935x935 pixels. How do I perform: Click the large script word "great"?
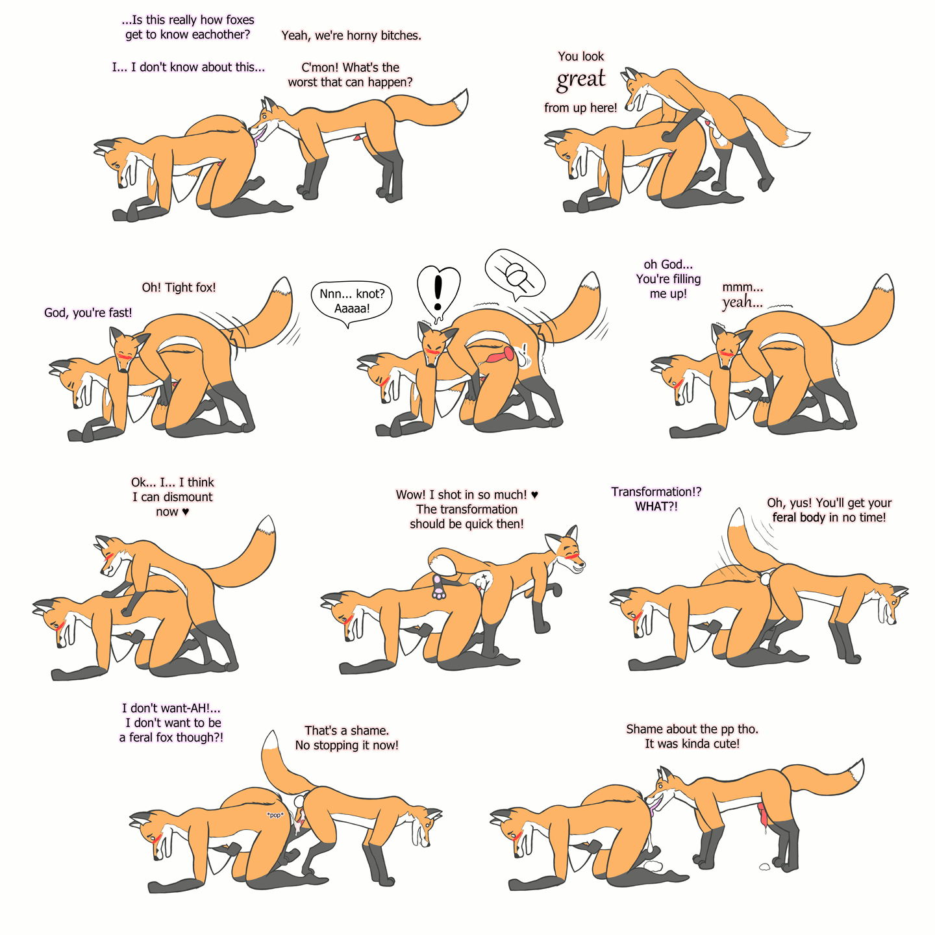pyautogui.click(x=580, y=80)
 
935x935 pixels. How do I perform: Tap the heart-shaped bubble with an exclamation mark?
pyautogui.click(x=438, y=293)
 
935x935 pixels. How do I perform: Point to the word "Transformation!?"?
pyautogui.click(x=656, y=492)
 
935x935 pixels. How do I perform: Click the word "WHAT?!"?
pyautogui.click(x=656, y=506)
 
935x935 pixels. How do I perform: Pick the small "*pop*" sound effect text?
pyautogui.click(x=275, y=815)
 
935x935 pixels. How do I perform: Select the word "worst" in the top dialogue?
pyautogui.click(x=303, y=82)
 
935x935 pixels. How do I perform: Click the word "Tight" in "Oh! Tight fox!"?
pyautogui.click(x=179, y=287)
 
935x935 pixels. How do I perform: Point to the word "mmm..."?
pyautogui.click(x=742, y=287)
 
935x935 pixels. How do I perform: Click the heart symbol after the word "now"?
pyautogui.click(x=185, y=512)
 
